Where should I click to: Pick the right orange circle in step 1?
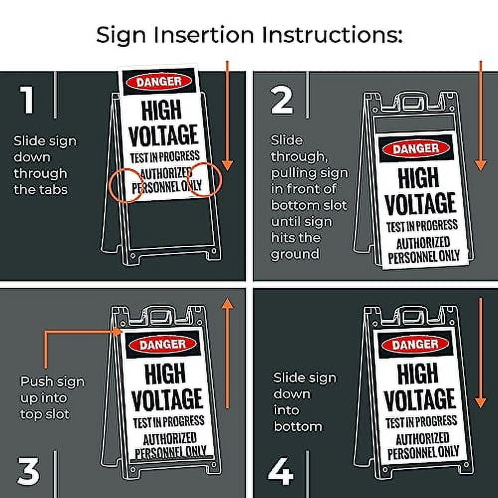click(204, 180)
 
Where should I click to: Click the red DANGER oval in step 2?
click(416, 148)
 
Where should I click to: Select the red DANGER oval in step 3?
click(162, 344)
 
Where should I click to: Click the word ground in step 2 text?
click(294, 253)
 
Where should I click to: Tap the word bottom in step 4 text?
click(297, 426)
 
